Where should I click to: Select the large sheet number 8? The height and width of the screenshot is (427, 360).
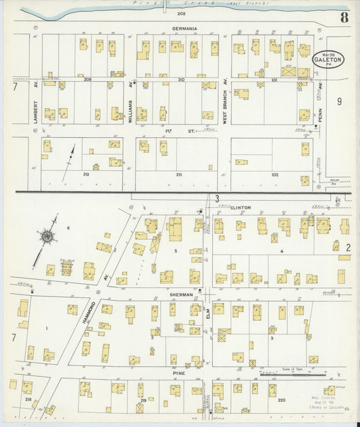point(344,17)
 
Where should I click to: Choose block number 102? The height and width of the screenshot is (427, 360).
point(274,174)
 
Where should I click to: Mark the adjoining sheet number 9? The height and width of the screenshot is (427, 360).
point(339,101)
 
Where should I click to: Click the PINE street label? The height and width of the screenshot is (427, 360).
point(179,372)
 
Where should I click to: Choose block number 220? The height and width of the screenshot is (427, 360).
point(281,400)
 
